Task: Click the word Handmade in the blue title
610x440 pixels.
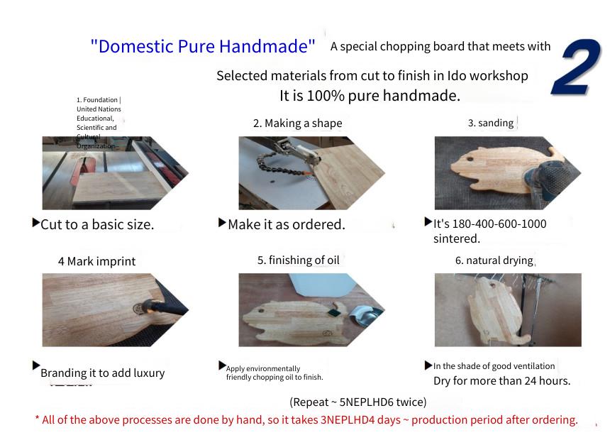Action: (267, 46)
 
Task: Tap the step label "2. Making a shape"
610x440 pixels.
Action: (298, 123)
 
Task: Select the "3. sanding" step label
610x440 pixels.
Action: (491, 123)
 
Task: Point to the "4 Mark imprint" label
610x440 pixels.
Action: (97, 261)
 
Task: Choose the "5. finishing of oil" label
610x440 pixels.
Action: (299, 260)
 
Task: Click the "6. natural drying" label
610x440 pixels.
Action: (494, 260)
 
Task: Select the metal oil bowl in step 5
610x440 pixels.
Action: (364, 314)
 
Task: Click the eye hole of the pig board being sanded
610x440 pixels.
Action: (470, 159)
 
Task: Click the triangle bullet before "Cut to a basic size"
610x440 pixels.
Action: (35, 223)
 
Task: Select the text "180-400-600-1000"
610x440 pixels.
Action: (499, 224)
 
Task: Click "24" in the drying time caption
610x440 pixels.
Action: (531, 380)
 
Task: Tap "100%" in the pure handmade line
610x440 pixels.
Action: (326, 95)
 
